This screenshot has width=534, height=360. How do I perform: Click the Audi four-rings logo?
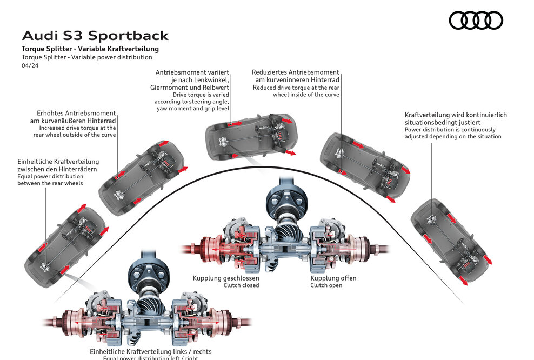pos(476,21)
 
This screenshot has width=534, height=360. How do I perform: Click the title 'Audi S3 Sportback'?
pos(95,36)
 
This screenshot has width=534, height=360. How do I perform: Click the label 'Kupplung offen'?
pos(333,278)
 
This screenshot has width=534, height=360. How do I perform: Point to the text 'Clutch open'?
pos(326,285)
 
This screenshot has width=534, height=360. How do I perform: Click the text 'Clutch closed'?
pos(241,285)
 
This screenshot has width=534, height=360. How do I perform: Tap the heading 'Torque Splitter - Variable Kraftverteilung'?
pos(90,49)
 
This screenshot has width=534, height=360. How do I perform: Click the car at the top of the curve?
pos(250,134)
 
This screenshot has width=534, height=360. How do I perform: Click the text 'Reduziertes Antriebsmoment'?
pos(295,72)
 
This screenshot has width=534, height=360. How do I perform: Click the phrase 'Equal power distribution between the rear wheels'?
pos(50,180)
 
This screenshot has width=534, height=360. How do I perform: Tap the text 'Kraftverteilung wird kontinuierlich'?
pos(456,115)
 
